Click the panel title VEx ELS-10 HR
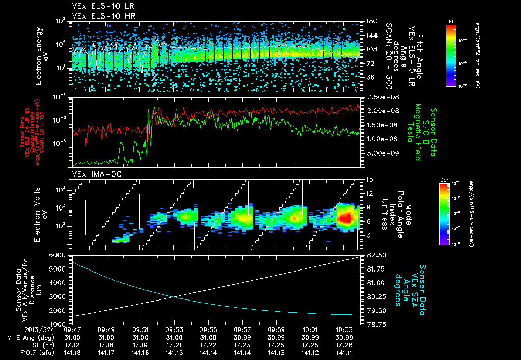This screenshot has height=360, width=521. [x=99, y=16]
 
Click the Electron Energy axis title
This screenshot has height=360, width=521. [x=41, y=56]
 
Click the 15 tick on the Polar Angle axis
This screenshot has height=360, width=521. [x=368, y=179]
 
